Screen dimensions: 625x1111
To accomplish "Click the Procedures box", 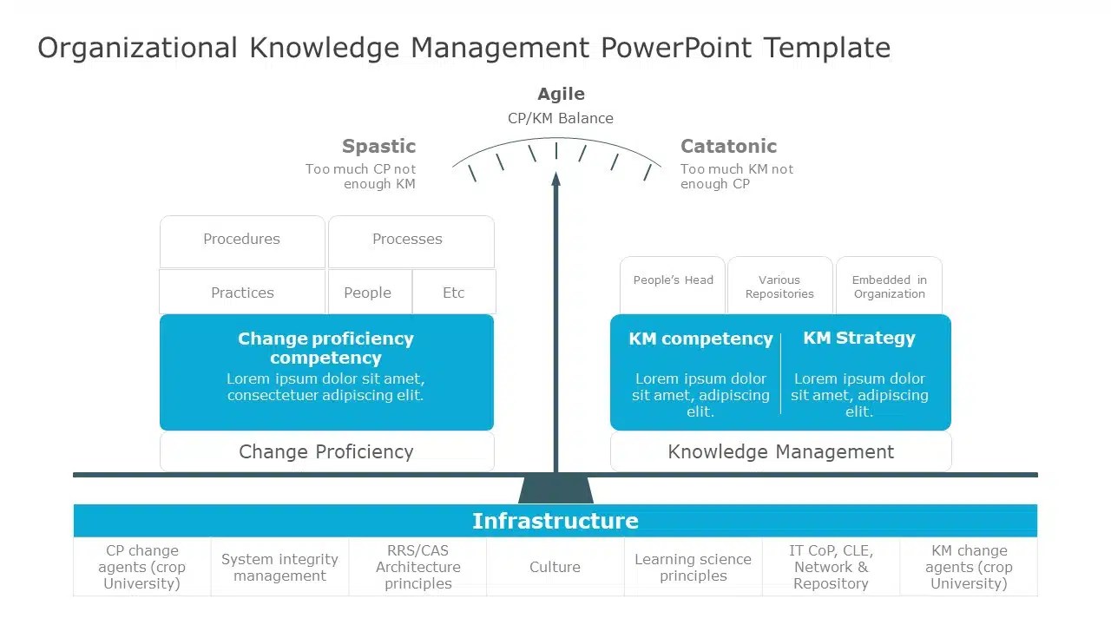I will click(242, 240).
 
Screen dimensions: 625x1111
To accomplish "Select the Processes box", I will click(408, 240).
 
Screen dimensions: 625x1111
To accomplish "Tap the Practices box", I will click(242, 293).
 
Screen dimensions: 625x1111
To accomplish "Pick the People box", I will click(368, 293).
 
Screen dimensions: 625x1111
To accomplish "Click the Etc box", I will click(454, 293).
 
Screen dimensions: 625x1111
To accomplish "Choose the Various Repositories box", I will click(779, 286).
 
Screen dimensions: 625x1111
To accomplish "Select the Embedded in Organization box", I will click(889, 286).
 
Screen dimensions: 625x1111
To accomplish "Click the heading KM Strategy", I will click(859, 339).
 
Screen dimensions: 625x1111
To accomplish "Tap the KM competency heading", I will click(700, 339).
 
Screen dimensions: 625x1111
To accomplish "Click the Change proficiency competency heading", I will click(325, 348).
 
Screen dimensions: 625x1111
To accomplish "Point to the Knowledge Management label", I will click(780, 451).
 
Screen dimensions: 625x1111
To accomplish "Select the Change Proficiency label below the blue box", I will click(326, 451).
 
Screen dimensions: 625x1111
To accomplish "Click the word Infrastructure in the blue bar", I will click(555, 521).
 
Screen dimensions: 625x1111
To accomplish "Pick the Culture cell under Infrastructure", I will click(555, 567).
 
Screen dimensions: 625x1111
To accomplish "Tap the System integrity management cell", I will click(279, 567).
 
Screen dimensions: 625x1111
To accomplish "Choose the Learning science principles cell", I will click(693, 567).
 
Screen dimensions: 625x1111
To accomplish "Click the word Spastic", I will click(378, 146).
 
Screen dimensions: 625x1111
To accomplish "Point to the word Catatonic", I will click(728, 146).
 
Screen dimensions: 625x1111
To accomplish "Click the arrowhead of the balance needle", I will click(555, 179).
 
